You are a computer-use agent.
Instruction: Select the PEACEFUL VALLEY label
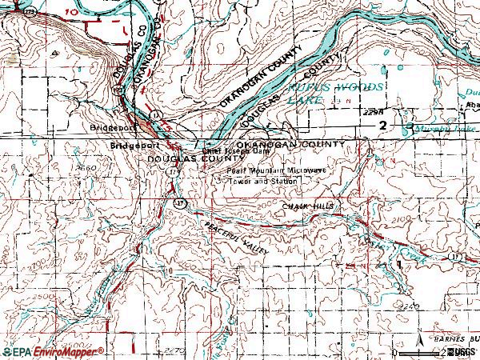238,238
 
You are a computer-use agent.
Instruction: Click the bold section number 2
383,126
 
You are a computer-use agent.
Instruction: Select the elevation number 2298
369,113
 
